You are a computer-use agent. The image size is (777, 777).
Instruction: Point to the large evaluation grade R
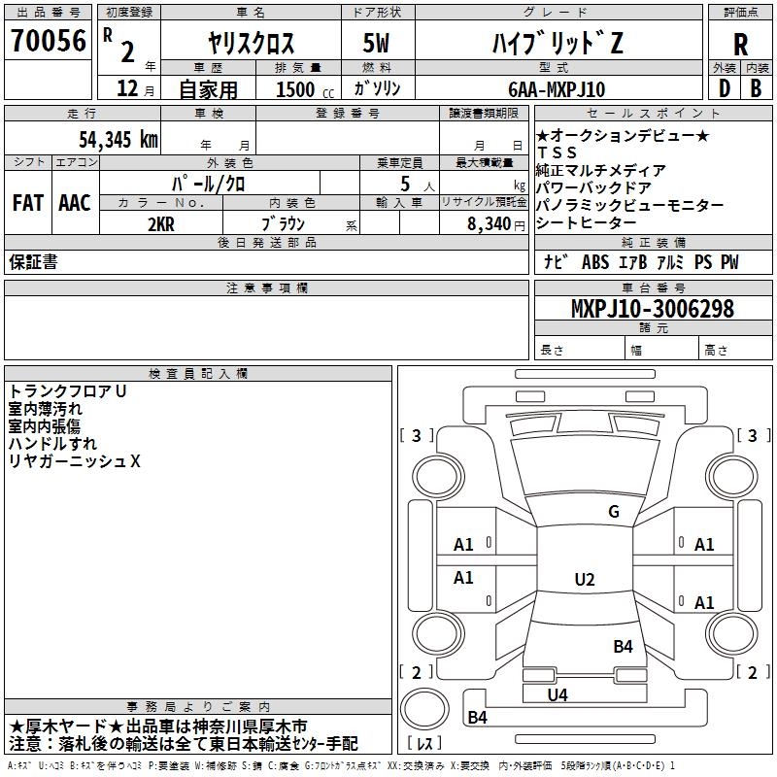(740, 44)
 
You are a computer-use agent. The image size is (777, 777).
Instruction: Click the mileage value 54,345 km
(108, 138)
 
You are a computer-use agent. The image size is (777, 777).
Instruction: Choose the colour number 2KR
(160, 223)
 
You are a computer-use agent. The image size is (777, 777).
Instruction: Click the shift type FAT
(28, 203)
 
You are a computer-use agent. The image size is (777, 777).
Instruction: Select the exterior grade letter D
(724, 89)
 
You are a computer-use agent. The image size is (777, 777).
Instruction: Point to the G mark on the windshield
(613, 512)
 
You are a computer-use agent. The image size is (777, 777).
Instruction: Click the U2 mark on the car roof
(584, 580)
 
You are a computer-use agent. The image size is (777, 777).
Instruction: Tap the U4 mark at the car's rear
(557, 694)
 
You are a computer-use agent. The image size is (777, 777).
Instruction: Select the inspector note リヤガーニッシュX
(75, 461)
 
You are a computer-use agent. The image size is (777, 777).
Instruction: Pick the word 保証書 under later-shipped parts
(33, 262)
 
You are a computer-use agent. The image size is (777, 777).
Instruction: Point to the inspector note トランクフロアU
(68, 391)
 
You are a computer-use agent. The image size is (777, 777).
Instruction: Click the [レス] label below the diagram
(425, 744)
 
